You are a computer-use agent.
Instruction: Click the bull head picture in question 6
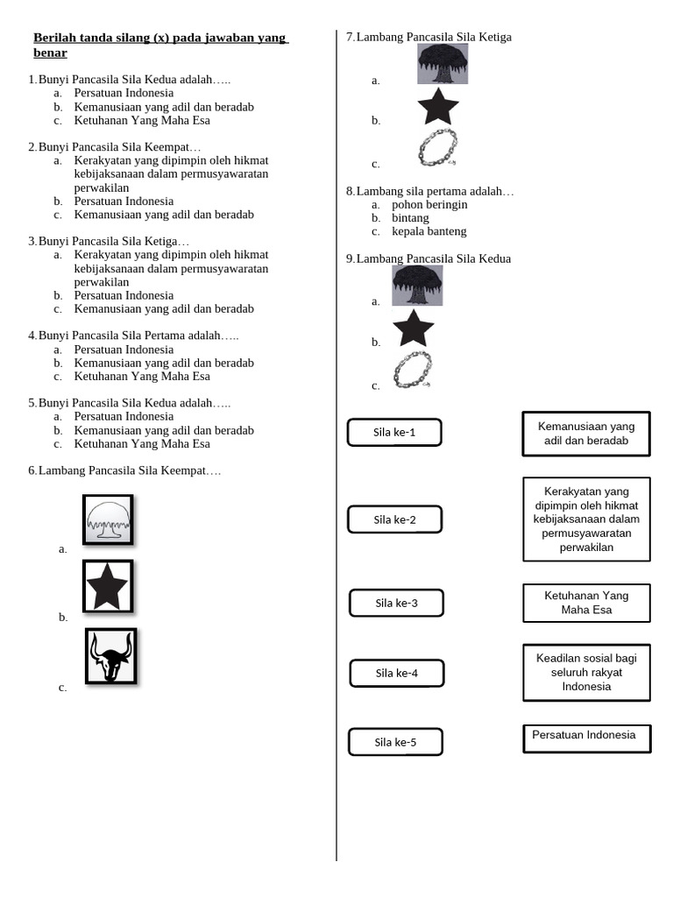110,656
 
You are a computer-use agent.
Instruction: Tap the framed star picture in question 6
108,586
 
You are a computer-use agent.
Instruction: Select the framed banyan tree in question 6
108,520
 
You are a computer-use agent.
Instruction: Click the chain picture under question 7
437,148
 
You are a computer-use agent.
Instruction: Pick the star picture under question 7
438,107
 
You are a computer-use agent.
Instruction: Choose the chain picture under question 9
413,369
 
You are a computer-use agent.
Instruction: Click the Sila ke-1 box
394,432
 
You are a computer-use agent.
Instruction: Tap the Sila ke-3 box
396,603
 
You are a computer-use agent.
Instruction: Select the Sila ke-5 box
395,742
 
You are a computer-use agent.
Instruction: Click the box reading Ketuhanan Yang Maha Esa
586,603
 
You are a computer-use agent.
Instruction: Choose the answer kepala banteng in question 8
429,231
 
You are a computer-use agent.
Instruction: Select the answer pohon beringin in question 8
429,204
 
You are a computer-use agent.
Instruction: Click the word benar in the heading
50,53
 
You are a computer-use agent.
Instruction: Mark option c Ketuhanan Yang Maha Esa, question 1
142,120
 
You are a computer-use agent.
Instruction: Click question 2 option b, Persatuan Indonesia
124,201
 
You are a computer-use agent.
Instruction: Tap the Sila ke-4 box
396,673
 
